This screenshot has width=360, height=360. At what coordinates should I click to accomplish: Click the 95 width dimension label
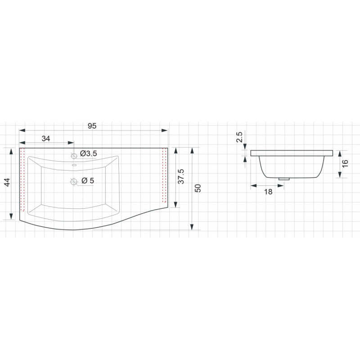pyautogui.click(x=92, y=126)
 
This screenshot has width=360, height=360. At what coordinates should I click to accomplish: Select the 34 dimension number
pyautogui.click(x=46, y=139)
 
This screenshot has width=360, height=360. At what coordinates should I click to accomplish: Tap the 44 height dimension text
pyautogui.click(x=7, y=182)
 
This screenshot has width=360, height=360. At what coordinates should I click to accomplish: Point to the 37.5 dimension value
pyautogui.click(x=181, y=176)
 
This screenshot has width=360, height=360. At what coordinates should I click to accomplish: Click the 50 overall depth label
pyautogui.click(x=198, y=188)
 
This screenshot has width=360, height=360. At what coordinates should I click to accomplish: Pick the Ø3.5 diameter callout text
pyautogui.click(x=88, y=153)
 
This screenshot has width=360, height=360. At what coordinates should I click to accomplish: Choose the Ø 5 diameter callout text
pyautogui.click(x=88, y=180)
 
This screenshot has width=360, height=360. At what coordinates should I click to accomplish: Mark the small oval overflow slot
pyautogui.click(x=74, y=165)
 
